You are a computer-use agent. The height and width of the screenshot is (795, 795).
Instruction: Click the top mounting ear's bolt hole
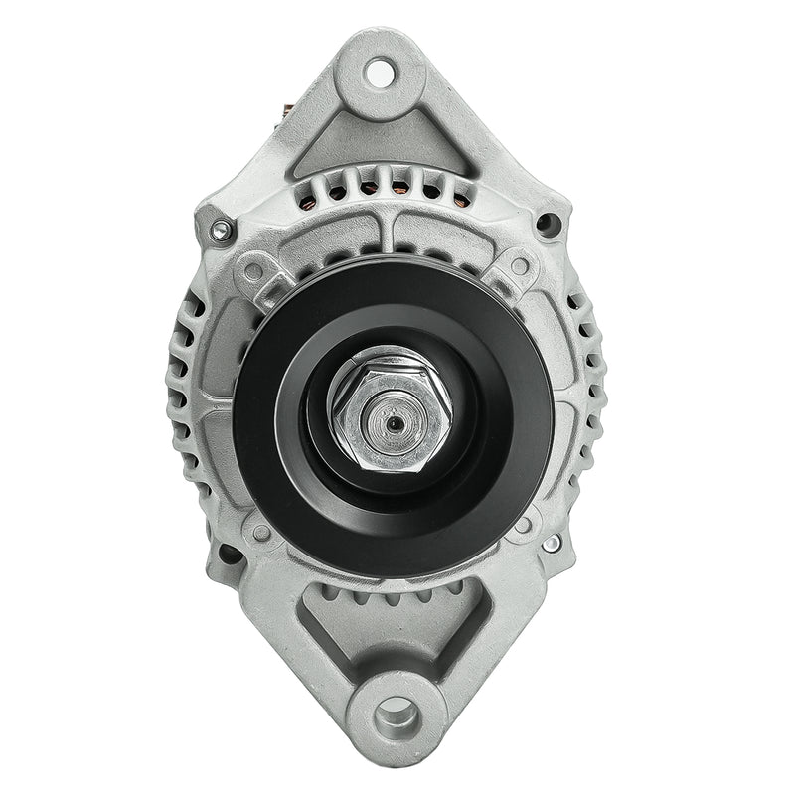(x=379, y=71)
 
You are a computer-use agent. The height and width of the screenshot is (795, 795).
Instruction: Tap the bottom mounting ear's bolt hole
(x=397, y=712)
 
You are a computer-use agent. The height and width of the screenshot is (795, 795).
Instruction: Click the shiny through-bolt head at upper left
(x=221, y=232)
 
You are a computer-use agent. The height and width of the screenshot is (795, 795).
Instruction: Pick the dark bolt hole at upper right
(x=546, y=225)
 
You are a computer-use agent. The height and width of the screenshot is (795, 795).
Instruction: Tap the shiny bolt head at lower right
(x=551, y=544)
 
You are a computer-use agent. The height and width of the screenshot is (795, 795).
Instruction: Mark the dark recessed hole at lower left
(x=228, y=554)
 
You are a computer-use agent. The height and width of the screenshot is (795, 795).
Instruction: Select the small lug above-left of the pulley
(x=255, y=269)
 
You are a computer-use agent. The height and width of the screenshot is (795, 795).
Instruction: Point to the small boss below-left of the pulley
(x=261, y=532)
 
